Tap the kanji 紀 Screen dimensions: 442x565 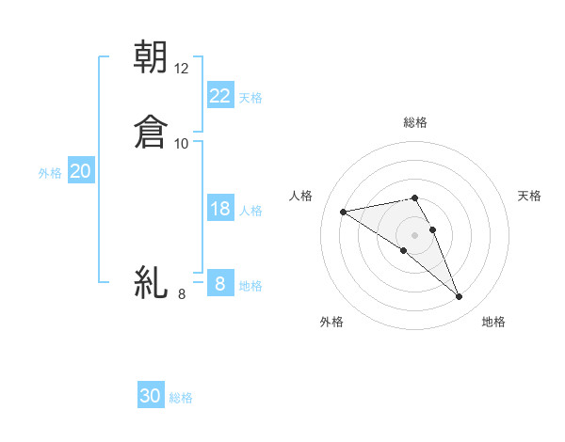pyautogui.click(x=151, y=282)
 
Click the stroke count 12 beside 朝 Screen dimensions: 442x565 pyautogui.click(x=182, y=69)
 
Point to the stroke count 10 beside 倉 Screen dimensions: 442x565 pyautogui.click(x=182, y=144)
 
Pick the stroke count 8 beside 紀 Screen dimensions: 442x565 pyautogui.click(x=182, y=294)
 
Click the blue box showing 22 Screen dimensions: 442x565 pyautogui.click(x=220, y=96)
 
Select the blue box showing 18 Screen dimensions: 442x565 pyautogui.click(x=220, y=209)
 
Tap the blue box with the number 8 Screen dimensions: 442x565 pyautogui.click(x=220, y=284)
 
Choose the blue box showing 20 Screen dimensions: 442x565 pyautogui.click(x=81, y=171)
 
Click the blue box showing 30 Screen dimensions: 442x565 pyautogui.click(x=151, y=396)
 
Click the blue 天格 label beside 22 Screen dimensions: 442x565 pyautogui.click(x=250, y=97)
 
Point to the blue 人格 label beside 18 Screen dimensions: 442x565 pyautogui.click(x=250, y=211)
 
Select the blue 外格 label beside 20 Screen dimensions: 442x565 pyautogui.click(x=50, y=173)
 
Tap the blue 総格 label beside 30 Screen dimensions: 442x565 pyautogui.click(x=181, y=398)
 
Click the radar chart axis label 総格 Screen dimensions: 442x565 pyautogui.click(x=415, y=122)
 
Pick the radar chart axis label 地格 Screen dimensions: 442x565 pyautogui.click(x=493, y=322)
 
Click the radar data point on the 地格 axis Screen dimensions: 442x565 pyautogui.click(x=460, y=297)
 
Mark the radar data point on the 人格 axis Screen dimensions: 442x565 pyautogui.click(x=344, y=212)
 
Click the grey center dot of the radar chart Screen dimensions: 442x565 pyautogui.click(x=415, y=234)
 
